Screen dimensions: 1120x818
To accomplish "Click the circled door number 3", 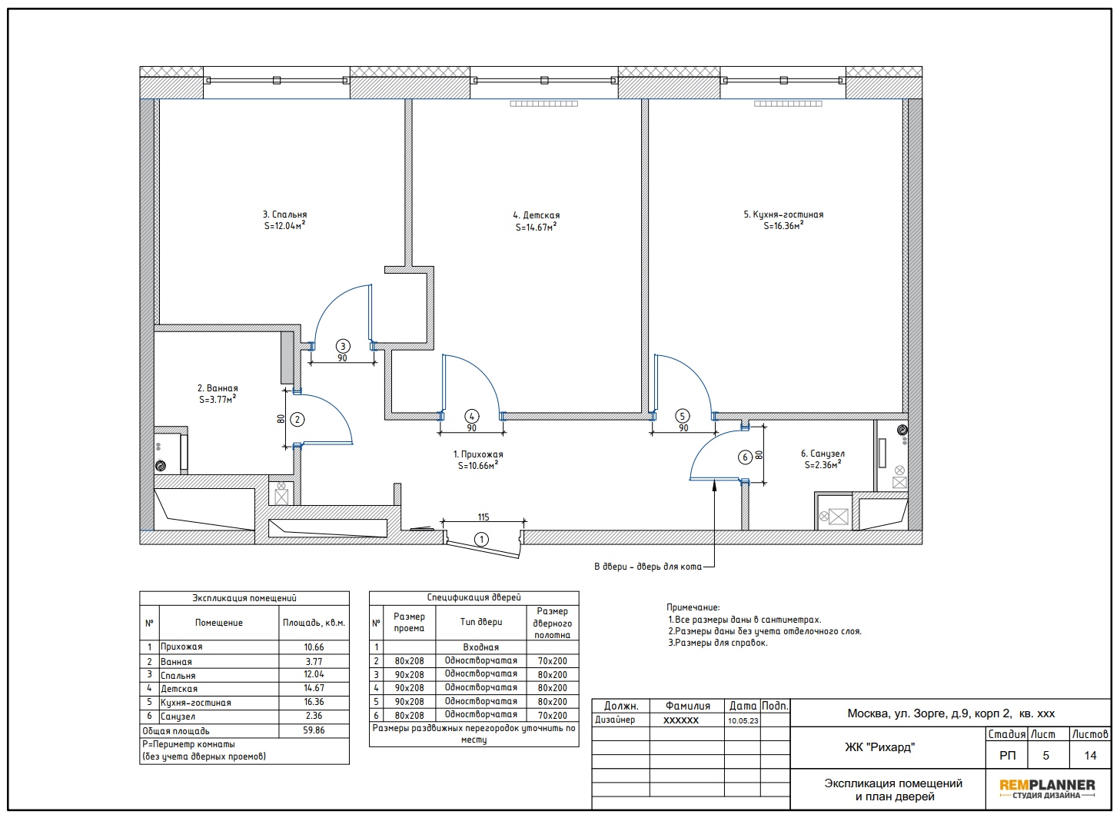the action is pyautogui.click(x=343, y=346).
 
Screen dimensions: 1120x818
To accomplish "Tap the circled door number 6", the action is pyautogui.click(x=745, y=457).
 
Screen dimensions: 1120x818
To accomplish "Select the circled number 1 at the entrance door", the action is pyautogui.click(x=481, y=540).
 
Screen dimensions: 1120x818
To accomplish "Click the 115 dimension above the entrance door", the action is pyautogui.click(x=483, y=517).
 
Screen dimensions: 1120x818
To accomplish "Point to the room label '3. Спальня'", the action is pyautogui.click(x=284, y=214).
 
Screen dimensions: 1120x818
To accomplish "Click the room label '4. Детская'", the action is pyautogui.click(x=536, y=215).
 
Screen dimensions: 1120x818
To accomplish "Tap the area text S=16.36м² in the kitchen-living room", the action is pyautogui.click(x=783, y=225).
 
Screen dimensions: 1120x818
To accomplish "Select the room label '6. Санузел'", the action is pyautogui.click(x=823, y=454).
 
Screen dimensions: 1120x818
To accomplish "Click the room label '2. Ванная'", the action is pyautogui.click(x=218, y=388).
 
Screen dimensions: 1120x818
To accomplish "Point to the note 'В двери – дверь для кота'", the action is pyautogui.click(x=647, y=567).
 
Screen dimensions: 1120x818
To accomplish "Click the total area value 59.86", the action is pyautogui.click(x=314, y=730).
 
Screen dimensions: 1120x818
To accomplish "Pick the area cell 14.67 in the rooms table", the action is pyautogui.click(x=314, y=688).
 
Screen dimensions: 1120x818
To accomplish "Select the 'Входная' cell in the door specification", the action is pyautogui.click(x=480, y=647).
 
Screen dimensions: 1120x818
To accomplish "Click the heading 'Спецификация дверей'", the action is pyautogui.click(x=474, y=597).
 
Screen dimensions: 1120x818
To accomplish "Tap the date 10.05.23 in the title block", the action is pyautogui.click(x=743, y=720).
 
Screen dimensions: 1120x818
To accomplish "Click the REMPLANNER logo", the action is pyautogui.click(x=1047, y=789).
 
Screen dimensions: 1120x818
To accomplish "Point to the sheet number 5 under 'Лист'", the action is pyautogui.click(x=1045, y=755).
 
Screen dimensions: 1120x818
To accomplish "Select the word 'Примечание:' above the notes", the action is pyautogui.click(x=693, y=607).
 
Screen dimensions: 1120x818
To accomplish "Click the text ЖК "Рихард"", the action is pyautogui.click(x=879, y=747).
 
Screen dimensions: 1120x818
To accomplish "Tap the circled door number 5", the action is pyautogui.click(x=682, y=416).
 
